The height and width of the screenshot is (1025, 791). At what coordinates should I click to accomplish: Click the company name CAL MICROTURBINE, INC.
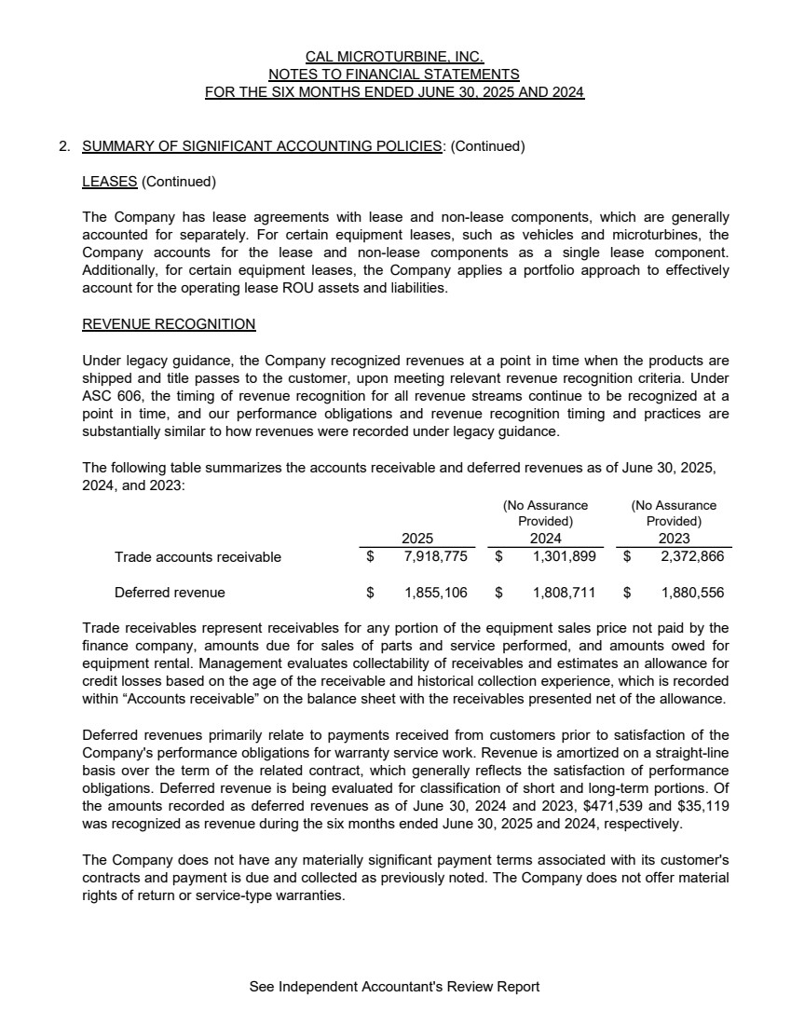(394, 57)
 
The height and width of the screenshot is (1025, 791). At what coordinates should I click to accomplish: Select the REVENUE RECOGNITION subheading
(169, 324)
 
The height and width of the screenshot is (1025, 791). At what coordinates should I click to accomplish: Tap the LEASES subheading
(110, 181)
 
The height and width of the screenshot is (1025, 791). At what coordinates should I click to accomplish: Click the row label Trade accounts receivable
(198, 557)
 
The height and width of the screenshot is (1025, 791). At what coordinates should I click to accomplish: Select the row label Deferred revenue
(170, 593)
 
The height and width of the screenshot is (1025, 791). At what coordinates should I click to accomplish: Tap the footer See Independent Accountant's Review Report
(394, 986)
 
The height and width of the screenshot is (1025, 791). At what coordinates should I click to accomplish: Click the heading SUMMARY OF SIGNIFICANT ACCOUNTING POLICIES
(262, 146)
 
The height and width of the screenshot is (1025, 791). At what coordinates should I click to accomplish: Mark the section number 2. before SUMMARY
(64, 146)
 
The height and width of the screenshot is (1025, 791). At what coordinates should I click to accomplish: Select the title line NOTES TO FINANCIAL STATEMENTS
(394, 75)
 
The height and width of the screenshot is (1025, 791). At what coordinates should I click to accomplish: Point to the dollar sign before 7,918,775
(371, 557)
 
